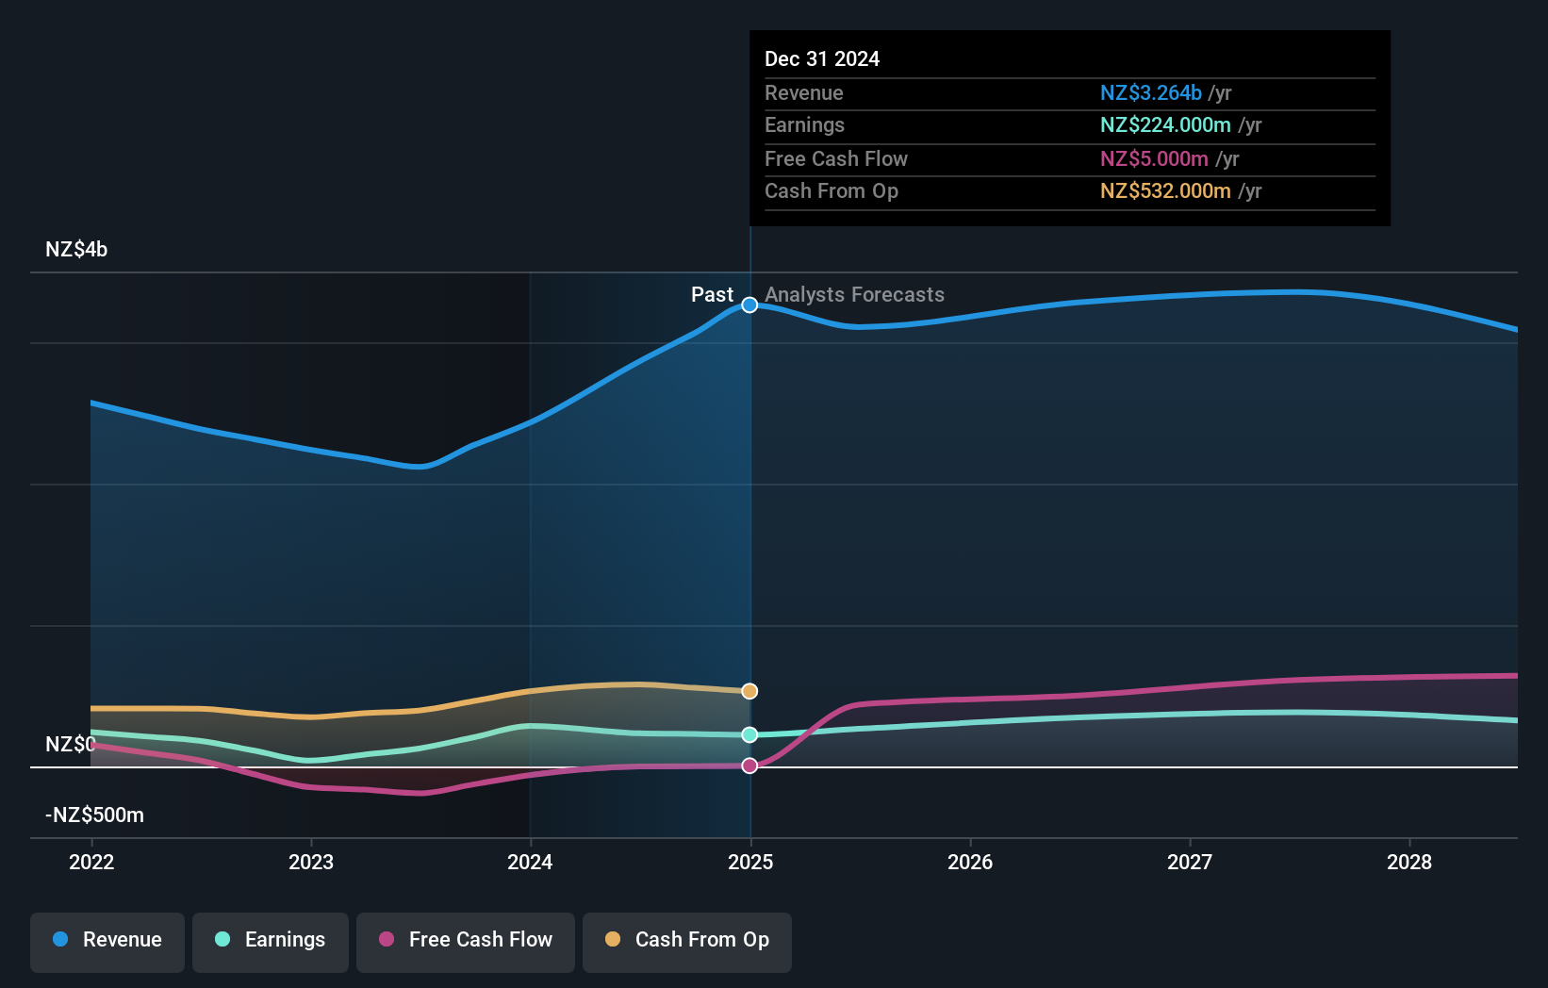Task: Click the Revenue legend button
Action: tap(107, 941)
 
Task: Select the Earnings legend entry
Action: tap(271, 941)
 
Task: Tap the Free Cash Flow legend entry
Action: tap(466, 941)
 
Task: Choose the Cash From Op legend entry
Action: tap(687, 941)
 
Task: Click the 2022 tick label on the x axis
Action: tap(91, 863)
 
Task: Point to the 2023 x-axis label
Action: tap(311, 863)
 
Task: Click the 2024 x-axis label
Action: tap(530, 863)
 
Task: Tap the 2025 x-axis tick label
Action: tap(750, 863)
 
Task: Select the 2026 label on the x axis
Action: tap(970, 863)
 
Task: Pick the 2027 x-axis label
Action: tap(1190, 863)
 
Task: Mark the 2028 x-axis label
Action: tap(1409, 863)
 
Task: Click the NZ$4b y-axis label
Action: tap(76, 250)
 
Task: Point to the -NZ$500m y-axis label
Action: tap(94, 815)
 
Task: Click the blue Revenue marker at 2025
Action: tap(749, 305)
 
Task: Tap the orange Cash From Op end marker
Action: tap(749, 691)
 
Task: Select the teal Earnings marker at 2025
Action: tap(749, 734)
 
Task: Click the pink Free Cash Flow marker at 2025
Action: tap(749, 766)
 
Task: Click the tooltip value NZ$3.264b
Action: tap(1150, 93)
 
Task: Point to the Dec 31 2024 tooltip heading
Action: tap(822, 59)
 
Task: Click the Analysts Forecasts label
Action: tap(854, 295)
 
